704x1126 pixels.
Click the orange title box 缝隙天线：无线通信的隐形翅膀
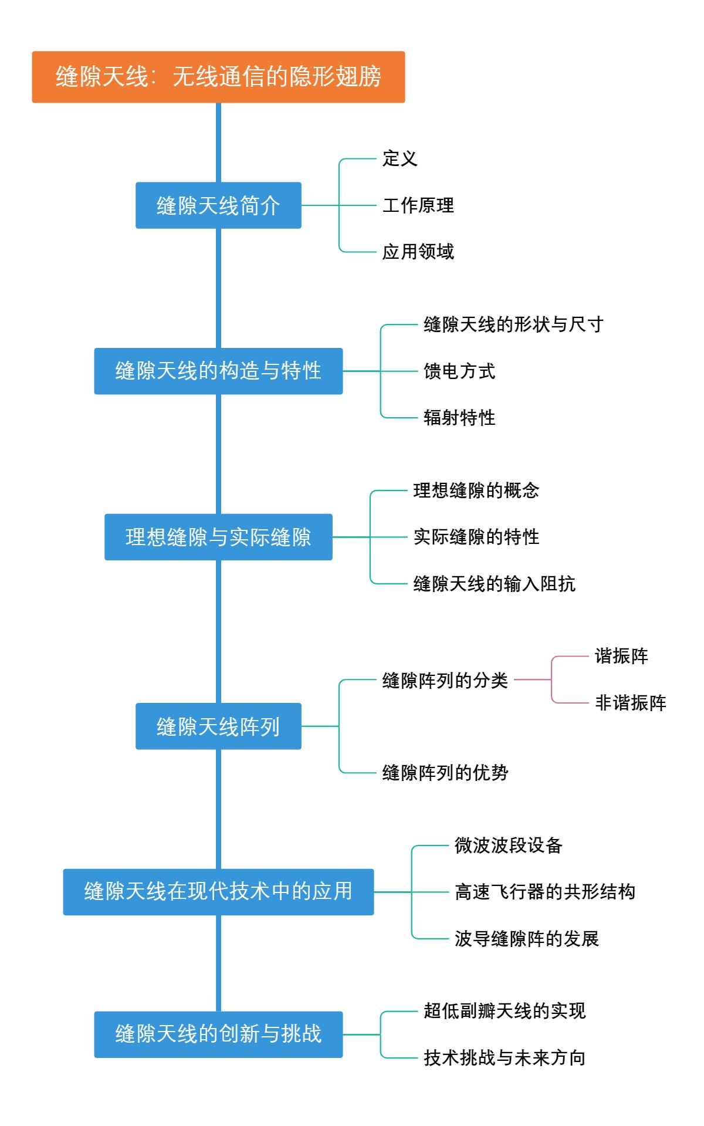click(218, 77)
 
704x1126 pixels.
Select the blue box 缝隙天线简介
click(218, 205)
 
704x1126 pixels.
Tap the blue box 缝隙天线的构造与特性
click(218, 371)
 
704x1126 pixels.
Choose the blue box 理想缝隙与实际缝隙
click(218, 537)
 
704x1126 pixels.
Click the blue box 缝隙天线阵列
click(218, 726)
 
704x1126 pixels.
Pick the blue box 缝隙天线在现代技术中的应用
click(218, 892)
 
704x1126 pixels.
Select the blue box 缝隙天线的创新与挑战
click(218, 1034)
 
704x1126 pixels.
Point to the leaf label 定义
click(400, 158)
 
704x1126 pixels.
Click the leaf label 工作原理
click(418, 205)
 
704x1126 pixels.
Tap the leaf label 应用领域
click(418, 252)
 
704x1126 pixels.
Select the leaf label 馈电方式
click(459, 371)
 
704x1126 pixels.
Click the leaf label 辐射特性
click(459, 418)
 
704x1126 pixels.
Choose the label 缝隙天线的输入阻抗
click(494, 584)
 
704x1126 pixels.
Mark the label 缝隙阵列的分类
click(445, 680)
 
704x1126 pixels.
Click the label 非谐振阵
click(631, 703)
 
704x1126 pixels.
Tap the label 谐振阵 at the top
click(621, 656)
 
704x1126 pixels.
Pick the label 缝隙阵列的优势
click(445, 773)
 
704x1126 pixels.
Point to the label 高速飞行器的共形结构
click(544, 892)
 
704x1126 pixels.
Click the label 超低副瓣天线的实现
click(505, 1011)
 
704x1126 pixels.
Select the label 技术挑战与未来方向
click(505, 1058)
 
